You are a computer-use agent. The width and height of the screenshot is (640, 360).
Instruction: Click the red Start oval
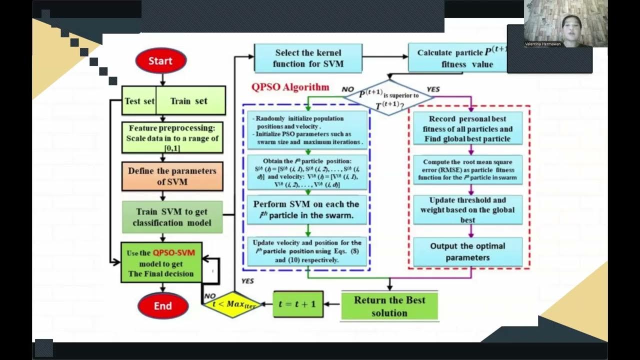pos(160,61)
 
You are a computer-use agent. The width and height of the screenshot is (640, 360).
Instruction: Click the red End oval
pos(162,306)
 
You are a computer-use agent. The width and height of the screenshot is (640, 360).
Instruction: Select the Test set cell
pos(139,101)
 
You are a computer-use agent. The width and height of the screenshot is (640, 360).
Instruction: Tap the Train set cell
pos(189,101)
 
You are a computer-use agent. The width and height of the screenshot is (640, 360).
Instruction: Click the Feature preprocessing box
pos(172,138)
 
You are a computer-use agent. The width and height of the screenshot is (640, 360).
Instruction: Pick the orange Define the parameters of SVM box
pos(172,176)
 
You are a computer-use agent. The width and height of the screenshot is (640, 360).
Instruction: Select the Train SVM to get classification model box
pos(172,217)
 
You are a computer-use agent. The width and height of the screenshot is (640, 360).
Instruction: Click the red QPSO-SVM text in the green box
pos(173,253)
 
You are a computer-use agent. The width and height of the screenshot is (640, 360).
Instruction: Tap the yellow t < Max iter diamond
pos(233,304)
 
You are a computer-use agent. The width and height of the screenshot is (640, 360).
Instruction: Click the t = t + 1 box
pos(297,303)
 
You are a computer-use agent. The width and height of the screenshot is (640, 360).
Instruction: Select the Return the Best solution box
pos(389,306)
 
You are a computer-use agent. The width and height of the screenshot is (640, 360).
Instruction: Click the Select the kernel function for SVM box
pos(308,58)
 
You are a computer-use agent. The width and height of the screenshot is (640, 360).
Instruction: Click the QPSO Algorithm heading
pos(290,87)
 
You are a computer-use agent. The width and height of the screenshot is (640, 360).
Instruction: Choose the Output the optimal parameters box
pos(468,252)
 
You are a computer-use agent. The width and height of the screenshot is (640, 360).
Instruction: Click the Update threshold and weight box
pos(468,210)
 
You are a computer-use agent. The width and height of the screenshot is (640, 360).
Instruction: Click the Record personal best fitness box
pos(468,129)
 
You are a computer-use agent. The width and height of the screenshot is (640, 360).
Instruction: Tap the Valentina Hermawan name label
pos(542,44)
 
